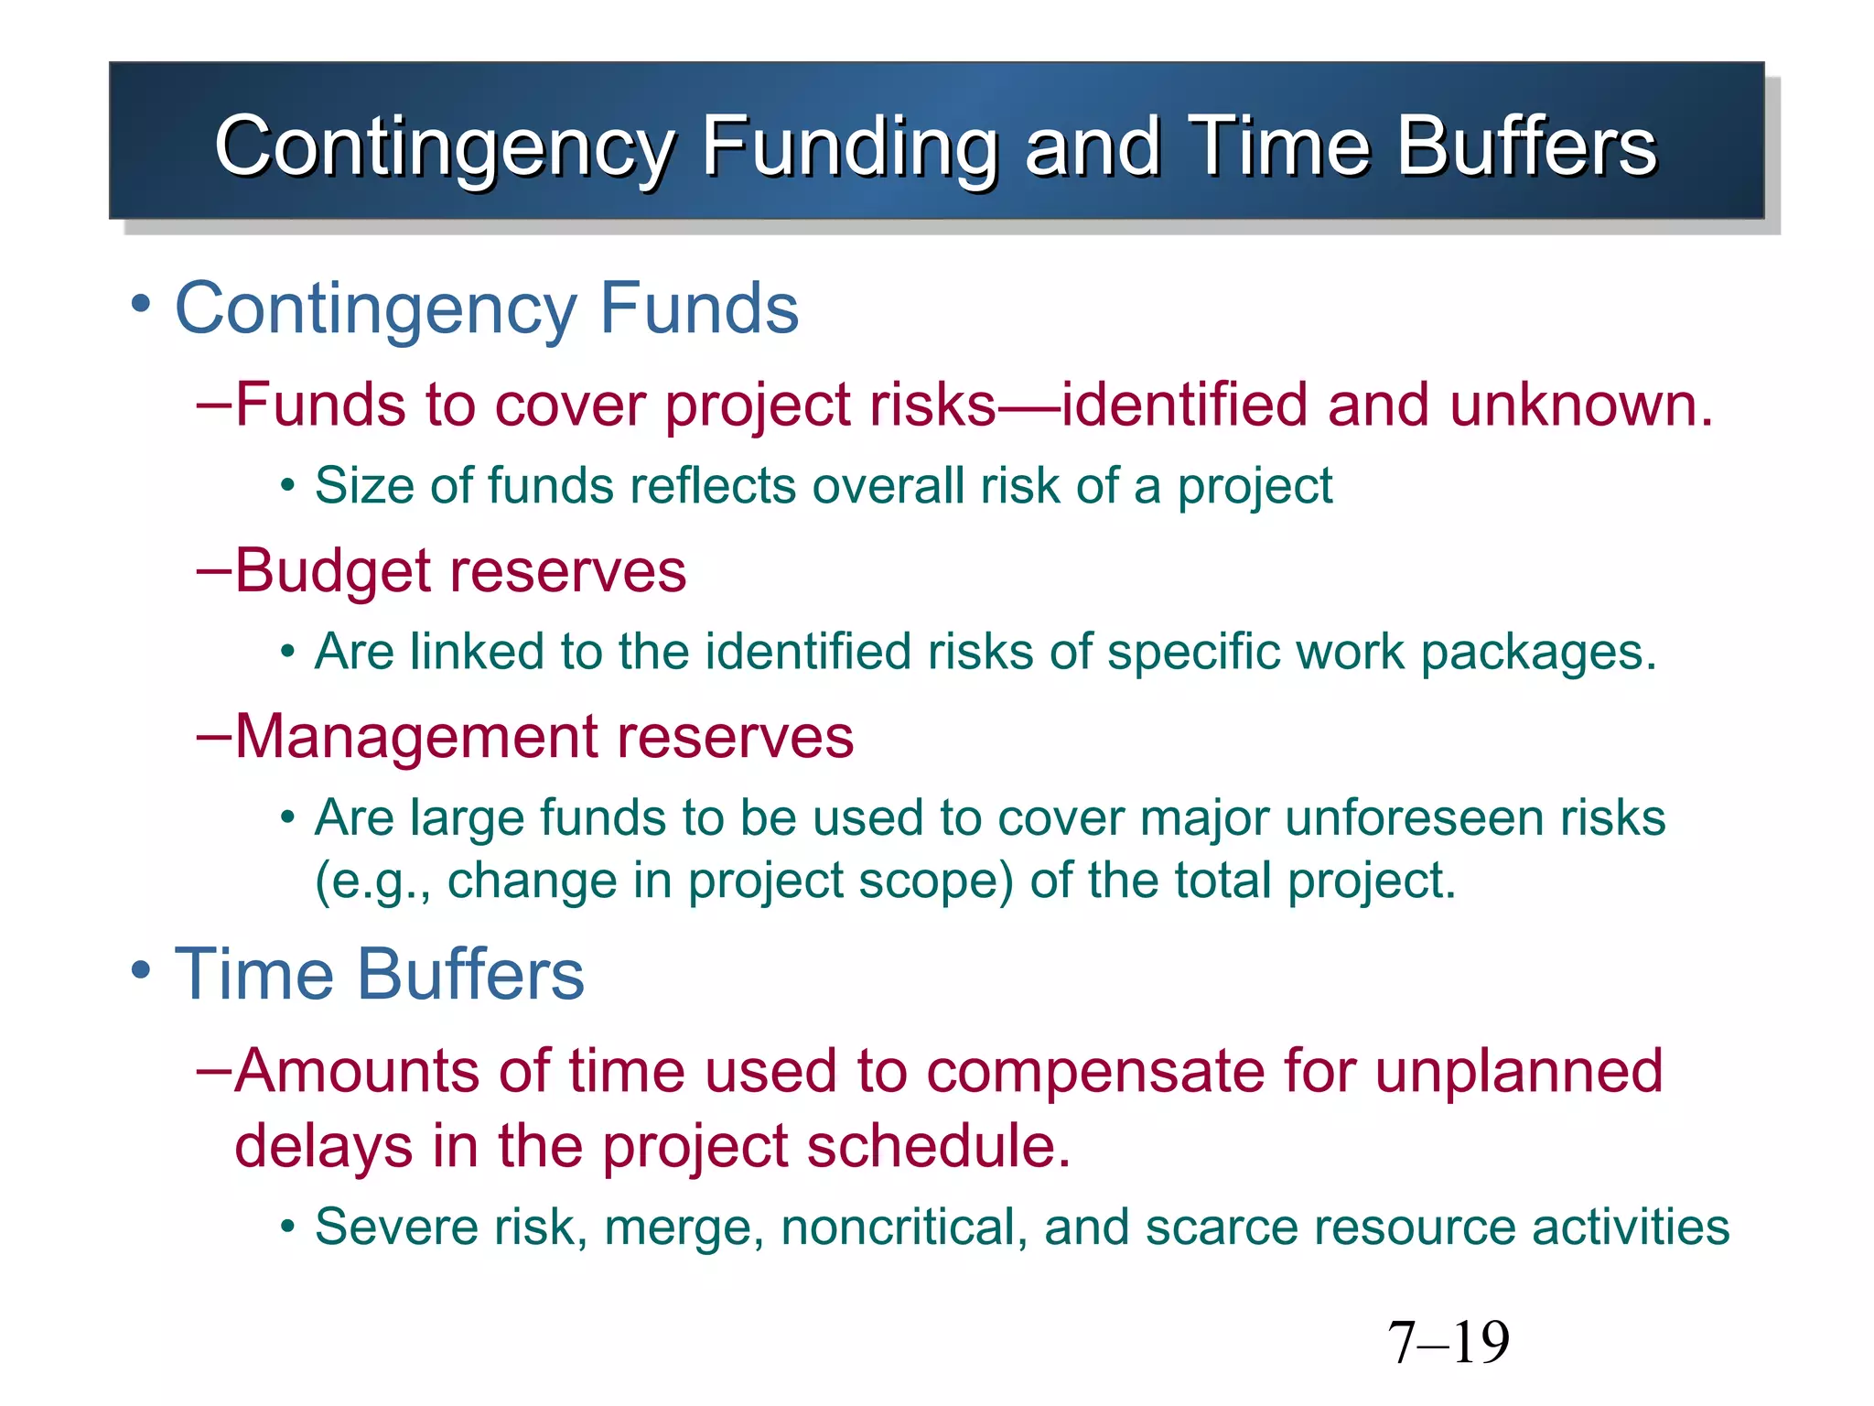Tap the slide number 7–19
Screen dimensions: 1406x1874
(x=1448, y=1343)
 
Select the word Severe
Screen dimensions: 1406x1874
(x=396, y=1227)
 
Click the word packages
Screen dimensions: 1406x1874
(x=1537, y=653)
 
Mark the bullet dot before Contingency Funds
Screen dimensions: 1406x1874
(x=140, y=304)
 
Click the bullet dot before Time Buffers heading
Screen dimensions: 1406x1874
(x=140, y=969)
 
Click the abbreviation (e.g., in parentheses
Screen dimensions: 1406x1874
(x=372, y=881)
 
